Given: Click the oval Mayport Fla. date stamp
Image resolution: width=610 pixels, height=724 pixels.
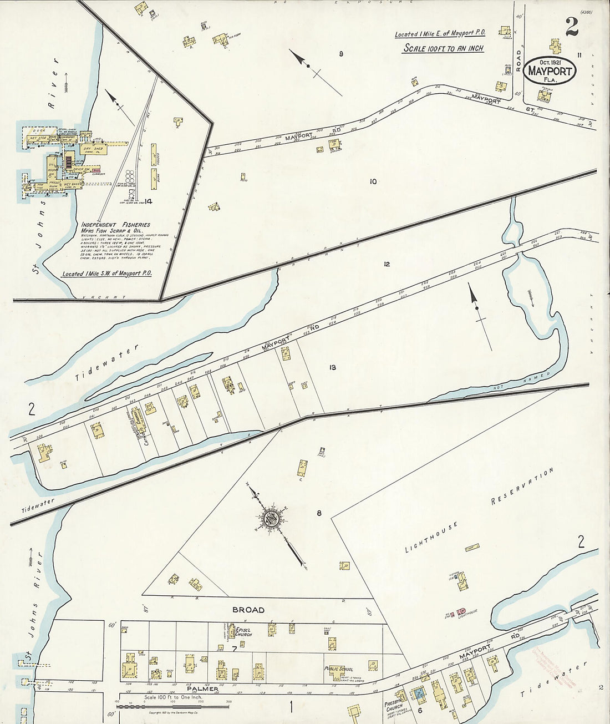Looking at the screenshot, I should (x=551, y=70).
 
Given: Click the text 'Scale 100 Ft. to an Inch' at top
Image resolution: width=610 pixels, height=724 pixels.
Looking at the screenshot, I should (x=443, y=48).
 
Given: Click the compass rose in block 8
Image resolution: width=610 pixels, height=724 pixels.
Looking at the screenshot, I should (x=271, y=519).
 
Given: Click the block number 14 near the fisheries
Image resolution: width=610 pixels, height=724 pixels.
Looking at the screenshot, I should (x=148, y=201).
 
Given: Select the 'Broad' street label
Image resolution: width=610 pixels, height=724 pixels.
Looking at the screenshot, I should (x=248, y=610).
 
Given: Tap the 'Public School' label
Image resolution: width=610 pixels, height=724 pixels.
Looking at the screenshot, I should (x=339, y=669).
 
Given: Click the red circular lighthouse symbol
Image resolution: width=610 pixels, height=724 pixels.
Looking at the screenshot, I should (x=461, y=611).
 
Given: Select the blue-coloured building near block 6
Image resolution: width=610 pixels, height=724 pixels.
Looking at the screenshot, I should (x=419, y=693).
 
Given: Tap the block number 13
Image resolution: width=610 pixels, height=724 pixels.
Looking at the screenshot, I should (x=332, y=367).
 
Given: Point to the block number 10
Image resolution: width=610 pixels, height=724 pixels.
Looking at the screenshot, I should (x=373, y=181).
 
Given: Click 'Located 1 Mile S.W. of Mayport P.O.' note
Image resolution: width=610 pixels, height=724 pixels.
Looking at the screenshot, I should (x=107, y=274).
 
